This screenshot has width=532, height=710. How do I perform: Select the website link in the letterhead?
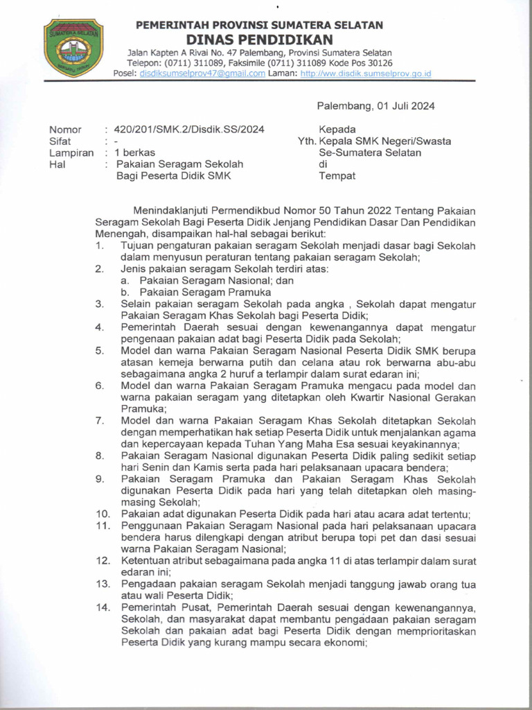366,73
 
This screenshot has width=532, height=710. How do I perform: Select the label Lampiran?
71,153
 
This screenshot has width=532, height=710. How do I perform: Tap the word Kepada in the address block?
337,129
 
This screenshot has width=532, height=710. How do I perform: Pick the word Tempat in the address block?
337,175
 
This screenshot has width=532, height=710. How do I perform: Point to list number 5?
100,351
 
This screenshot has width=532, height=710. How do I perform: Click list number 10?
103,514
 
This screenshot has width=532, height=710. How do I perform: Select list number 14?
103,607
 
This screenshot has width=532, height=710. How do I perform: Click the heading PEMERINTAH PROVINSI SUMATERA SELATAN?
259,25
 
